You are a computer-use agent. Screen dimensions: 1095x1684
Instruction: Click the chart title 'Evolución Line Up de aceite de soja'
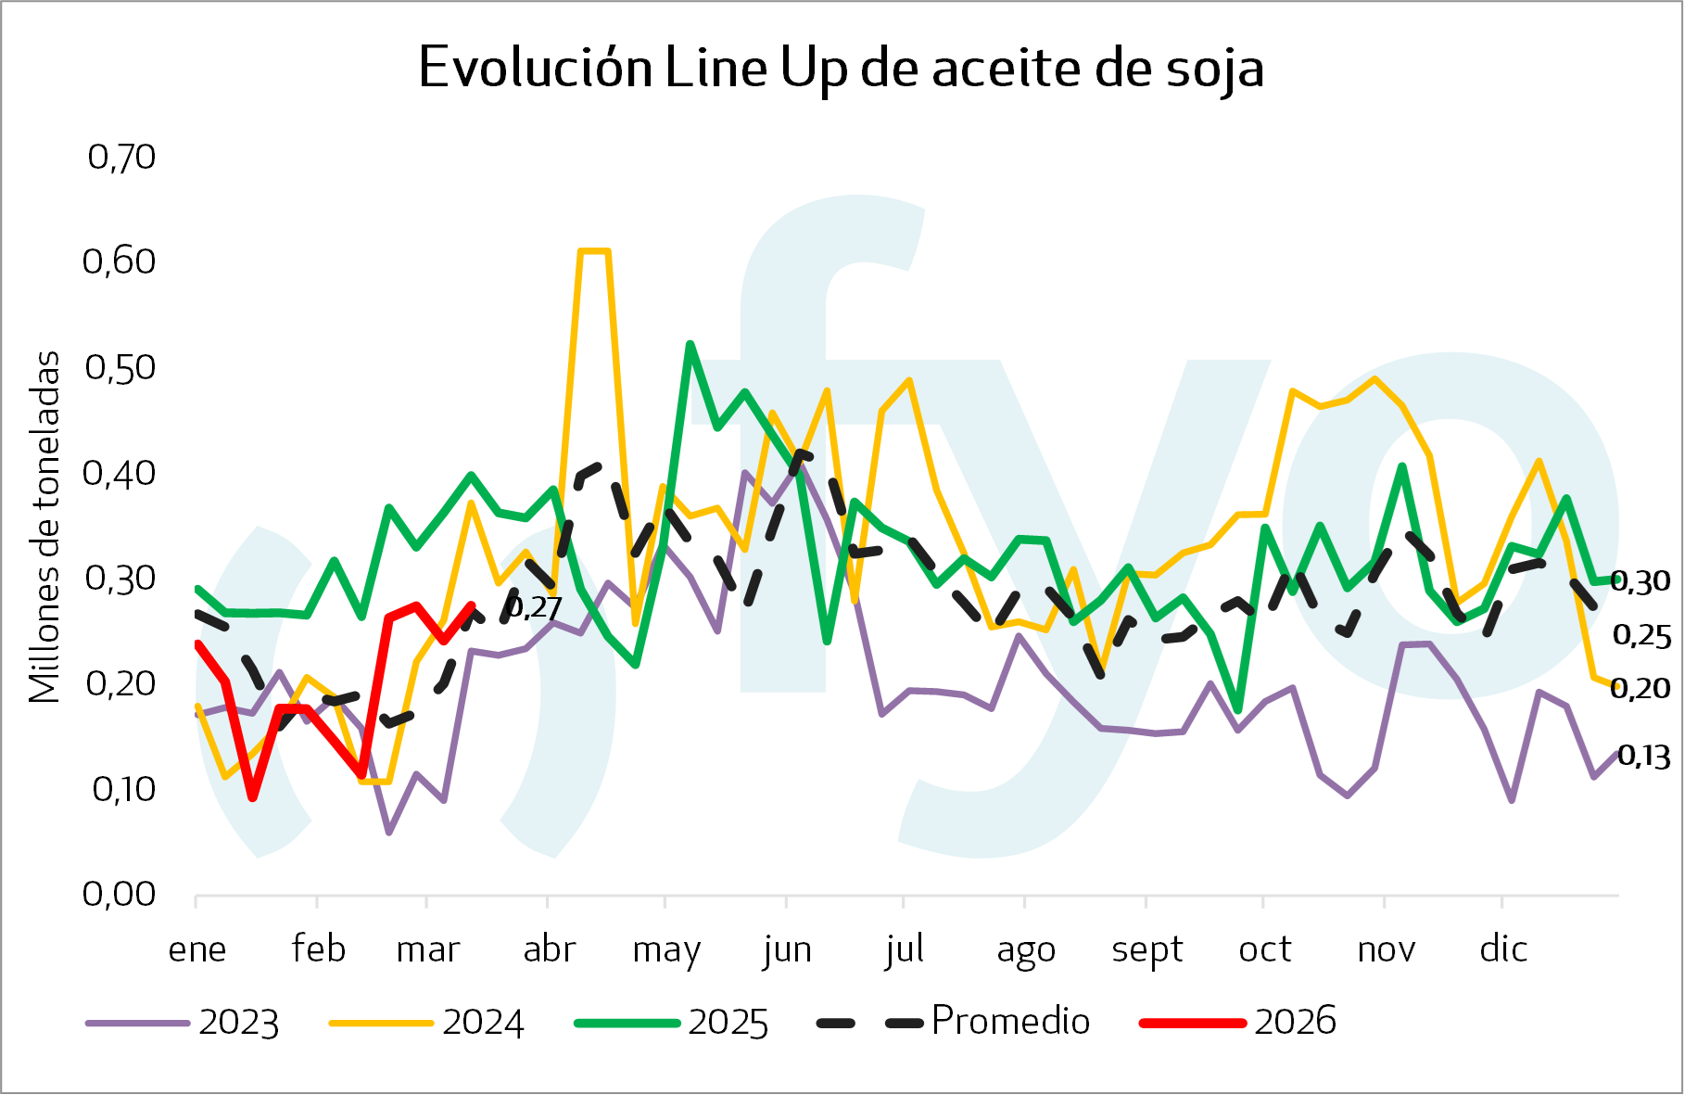[x=841, y=68]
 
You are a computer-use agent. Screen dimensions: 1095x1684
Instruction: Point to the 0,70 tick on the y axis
[x=121, y=157]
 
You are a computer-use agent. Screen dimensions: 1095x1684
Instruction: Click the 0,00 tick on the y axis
[x=120, y=894]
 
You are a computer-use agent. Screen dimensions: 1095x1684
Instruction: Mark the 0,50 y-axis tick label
[x=120, y=367]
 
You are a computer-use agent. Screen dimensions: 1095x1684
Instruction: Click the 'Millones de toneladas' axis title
[x=44, y=527]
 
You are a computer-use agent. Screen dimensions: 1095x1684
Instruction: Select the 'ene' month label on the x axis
[x=197, y=949]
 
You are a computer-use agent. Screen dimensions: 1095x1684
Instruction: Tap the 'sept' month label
[x=1147, y=949]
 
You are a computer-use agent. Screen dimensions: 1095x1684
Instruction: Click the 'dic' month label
[x=1502, y=949]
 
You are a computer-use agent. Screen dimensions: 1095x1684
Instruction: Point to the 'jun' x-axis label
[x=787, y=949]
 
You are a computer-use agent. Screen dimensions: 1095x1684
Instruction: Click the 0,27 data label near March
[x=535, y=608]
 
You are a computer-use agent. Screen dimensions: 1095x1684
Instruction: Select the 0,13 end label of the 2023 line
[x=1643, y=757]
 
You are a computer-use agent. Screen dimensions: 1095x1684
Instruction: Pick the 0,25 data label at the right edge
[x=1641, y=636]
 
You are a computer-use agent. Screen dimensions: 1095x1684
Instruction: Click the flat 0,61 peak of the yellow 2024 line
[x=593, y=251]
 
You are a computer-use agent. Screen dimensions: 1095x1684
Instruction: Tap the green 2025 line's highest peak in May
[x=690, y=344]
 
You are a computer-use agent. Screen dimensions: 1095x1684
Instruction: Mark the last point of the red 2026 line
[x=472, y=605]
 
